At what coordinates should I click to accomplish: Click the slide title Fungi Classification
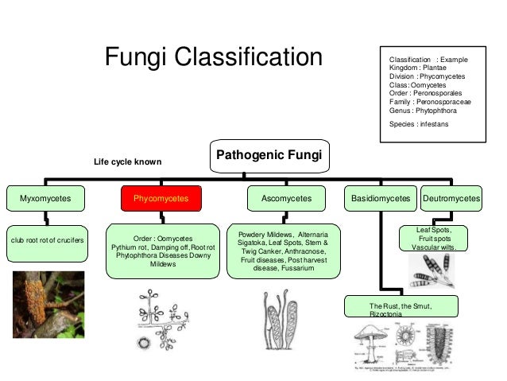coord(214,58)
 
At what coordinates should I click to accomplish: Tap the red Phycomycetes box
coord(161,198)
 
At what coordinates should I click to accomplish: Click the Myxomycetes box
coord(45,198)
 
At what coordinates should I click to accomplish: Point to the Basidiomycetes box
coord(380,198)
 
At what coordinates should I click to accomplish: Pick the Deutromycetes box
coord(451,198)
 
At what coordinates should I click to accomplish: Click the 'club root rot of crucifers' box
coord(48,239)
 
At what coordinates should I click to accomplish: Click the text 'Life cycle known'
coord(127,162)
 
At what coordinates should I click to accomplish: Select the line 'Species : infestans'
coord(419,124)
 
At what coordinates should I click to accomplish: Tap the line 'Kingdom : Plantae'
coord(416,68)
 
